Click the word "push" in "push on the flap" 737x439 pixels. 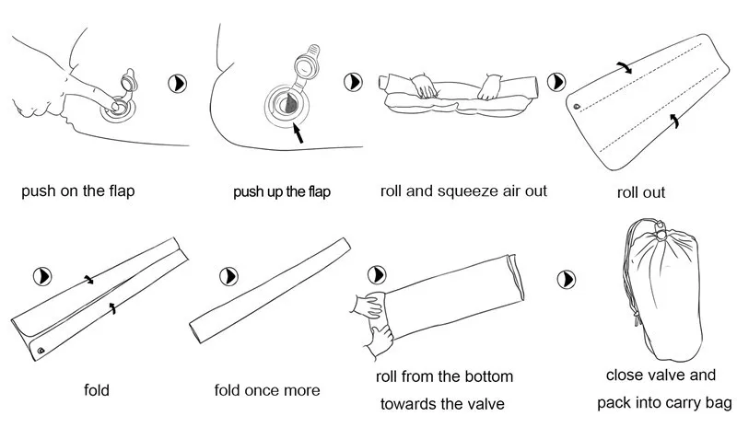click(x=39, y=191)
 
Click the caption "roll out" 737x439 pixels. click(x=641, y=192)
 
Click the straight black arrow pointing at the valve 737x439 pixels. click(x=298, y=133)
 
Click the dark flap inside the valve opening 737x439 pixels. click(x=289, y=104)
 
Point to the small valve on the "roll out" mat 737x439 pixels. click(x=578, y=107)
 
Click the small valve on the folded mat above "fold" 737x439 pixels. click(x=41, y=351)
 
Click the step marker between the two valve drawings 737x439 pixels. click(x=178, y=84)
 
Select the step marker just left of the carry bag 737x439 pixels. click(x=567, y=280)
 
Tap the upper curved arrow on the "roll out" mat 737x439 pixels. click(x=625, y=66)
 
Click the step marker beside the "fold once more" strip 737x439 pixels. click(x=228, y=276)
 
